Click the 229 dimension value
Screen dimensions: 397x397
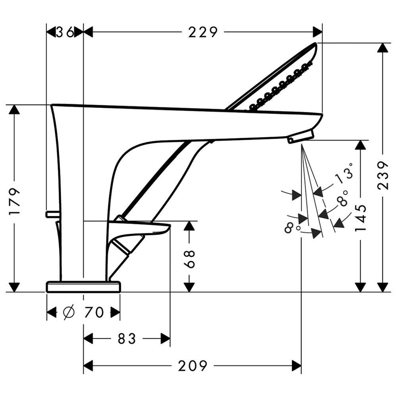tap(203, 32)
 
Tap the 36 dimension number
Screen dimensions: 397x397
tap(65, 32)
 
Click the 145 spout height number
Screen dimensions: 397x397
tap(360, 218)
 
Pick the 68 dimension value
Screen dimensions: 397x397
tap(189, 259)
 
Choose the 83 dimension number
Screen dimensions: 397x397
tap(127, 339)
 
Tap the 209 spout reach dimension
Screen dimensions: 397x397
tap(193, 366)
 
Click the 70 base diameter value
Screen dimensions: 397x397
tap(94, 312)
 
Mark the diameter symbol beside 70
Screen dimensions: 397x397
tap(69, 312)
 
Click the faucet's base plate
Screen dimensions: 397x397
tap(83, 286)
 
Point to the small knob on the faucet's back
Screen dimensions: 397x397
tap(52, 214)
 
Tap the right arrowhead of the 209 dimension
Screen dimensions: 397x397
tap(297, 366)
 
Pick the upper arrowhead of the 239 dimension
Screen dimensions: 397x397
tap(383, 48)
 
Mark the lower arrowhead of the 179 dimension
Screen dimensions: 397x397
tap(14, 287)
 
